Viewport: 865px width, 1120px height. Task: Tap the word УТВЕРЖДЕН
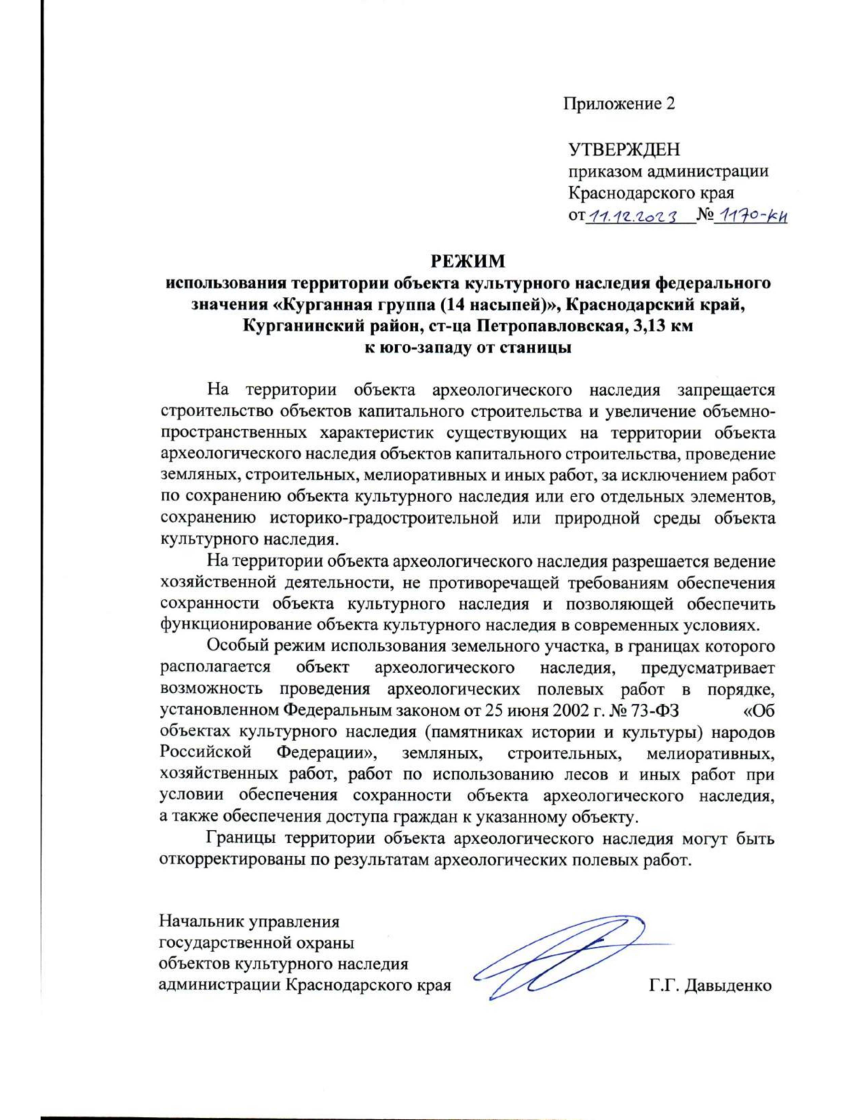point(624,150)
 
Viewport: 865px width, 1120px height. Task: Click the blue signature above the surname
point(562,956)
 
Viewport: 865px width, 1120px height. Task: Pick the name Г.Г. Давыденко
point(710,985)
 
